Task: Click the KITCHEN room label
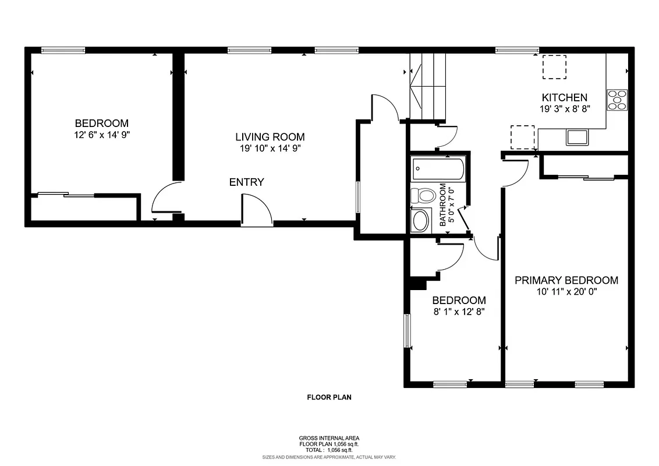pos(564,97)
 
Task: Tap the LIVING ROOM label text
pos(270,137)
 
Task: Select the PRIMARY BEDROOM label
pos(566,280)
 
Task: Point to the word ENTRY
pos(246,182)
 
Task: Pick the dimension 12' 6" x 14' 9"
pos(101,134)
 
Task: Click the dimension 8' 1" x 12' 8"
pos(459,311)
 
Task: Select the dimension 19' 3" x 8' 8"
pos(565,108)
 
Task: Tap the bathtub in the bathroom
pos(438,170)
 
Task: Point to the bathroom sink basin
pos(420,221)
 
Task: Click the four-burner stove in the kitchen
pos(617,100)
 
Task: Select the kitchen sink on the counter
pos(577,137)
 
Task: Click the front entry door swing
pos(257,210)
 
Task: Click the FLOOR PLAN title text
pos(329,398)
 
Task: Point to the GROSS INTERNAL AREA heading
pos(329,438)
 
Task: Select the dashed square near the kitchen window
pos(554,66)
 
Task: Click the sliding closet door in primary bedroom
pos(585,177)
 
